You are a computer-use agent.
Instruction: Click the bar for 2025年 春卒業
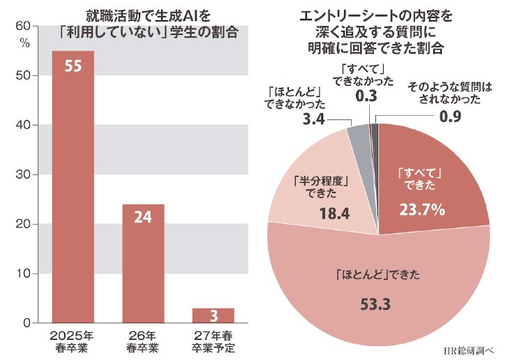(73, 187)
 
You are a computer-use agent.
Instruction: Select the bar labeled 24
(143, 264)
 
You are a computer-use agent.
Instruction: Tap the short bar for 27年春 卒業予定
(214, 315)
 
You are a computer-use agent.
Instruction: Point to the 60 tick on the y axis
(22, 26)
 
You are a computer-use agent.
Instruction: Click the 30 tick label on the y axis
(22, 174)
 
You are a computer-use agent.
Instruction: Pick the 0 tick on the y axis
(27, 323)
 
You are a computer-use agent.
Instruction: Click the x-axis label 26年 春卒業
(143, 342)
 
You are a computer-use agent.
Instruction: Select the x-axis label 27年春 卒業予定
(214, 342)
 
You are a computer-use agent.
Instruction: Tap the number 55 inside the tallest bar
(73, 66)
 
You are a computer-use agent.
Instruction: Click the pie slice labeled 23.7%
(428, 181)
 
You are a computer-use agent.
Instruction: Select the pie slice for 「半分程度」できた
(317, 188)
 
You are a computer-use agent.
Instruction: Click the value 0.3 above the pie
(366, 96)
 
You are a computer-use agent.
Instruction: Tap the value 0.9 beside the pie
(450, 117)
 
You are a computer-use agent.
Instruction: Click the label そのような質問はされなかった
(450, 93)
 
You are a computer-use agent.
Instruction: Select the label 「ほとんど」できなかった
(294, 98)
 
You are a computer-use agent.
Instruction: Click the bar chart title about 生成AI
(149, 24)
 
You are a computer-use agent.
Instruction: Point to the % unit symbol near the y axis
(25, 43)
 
